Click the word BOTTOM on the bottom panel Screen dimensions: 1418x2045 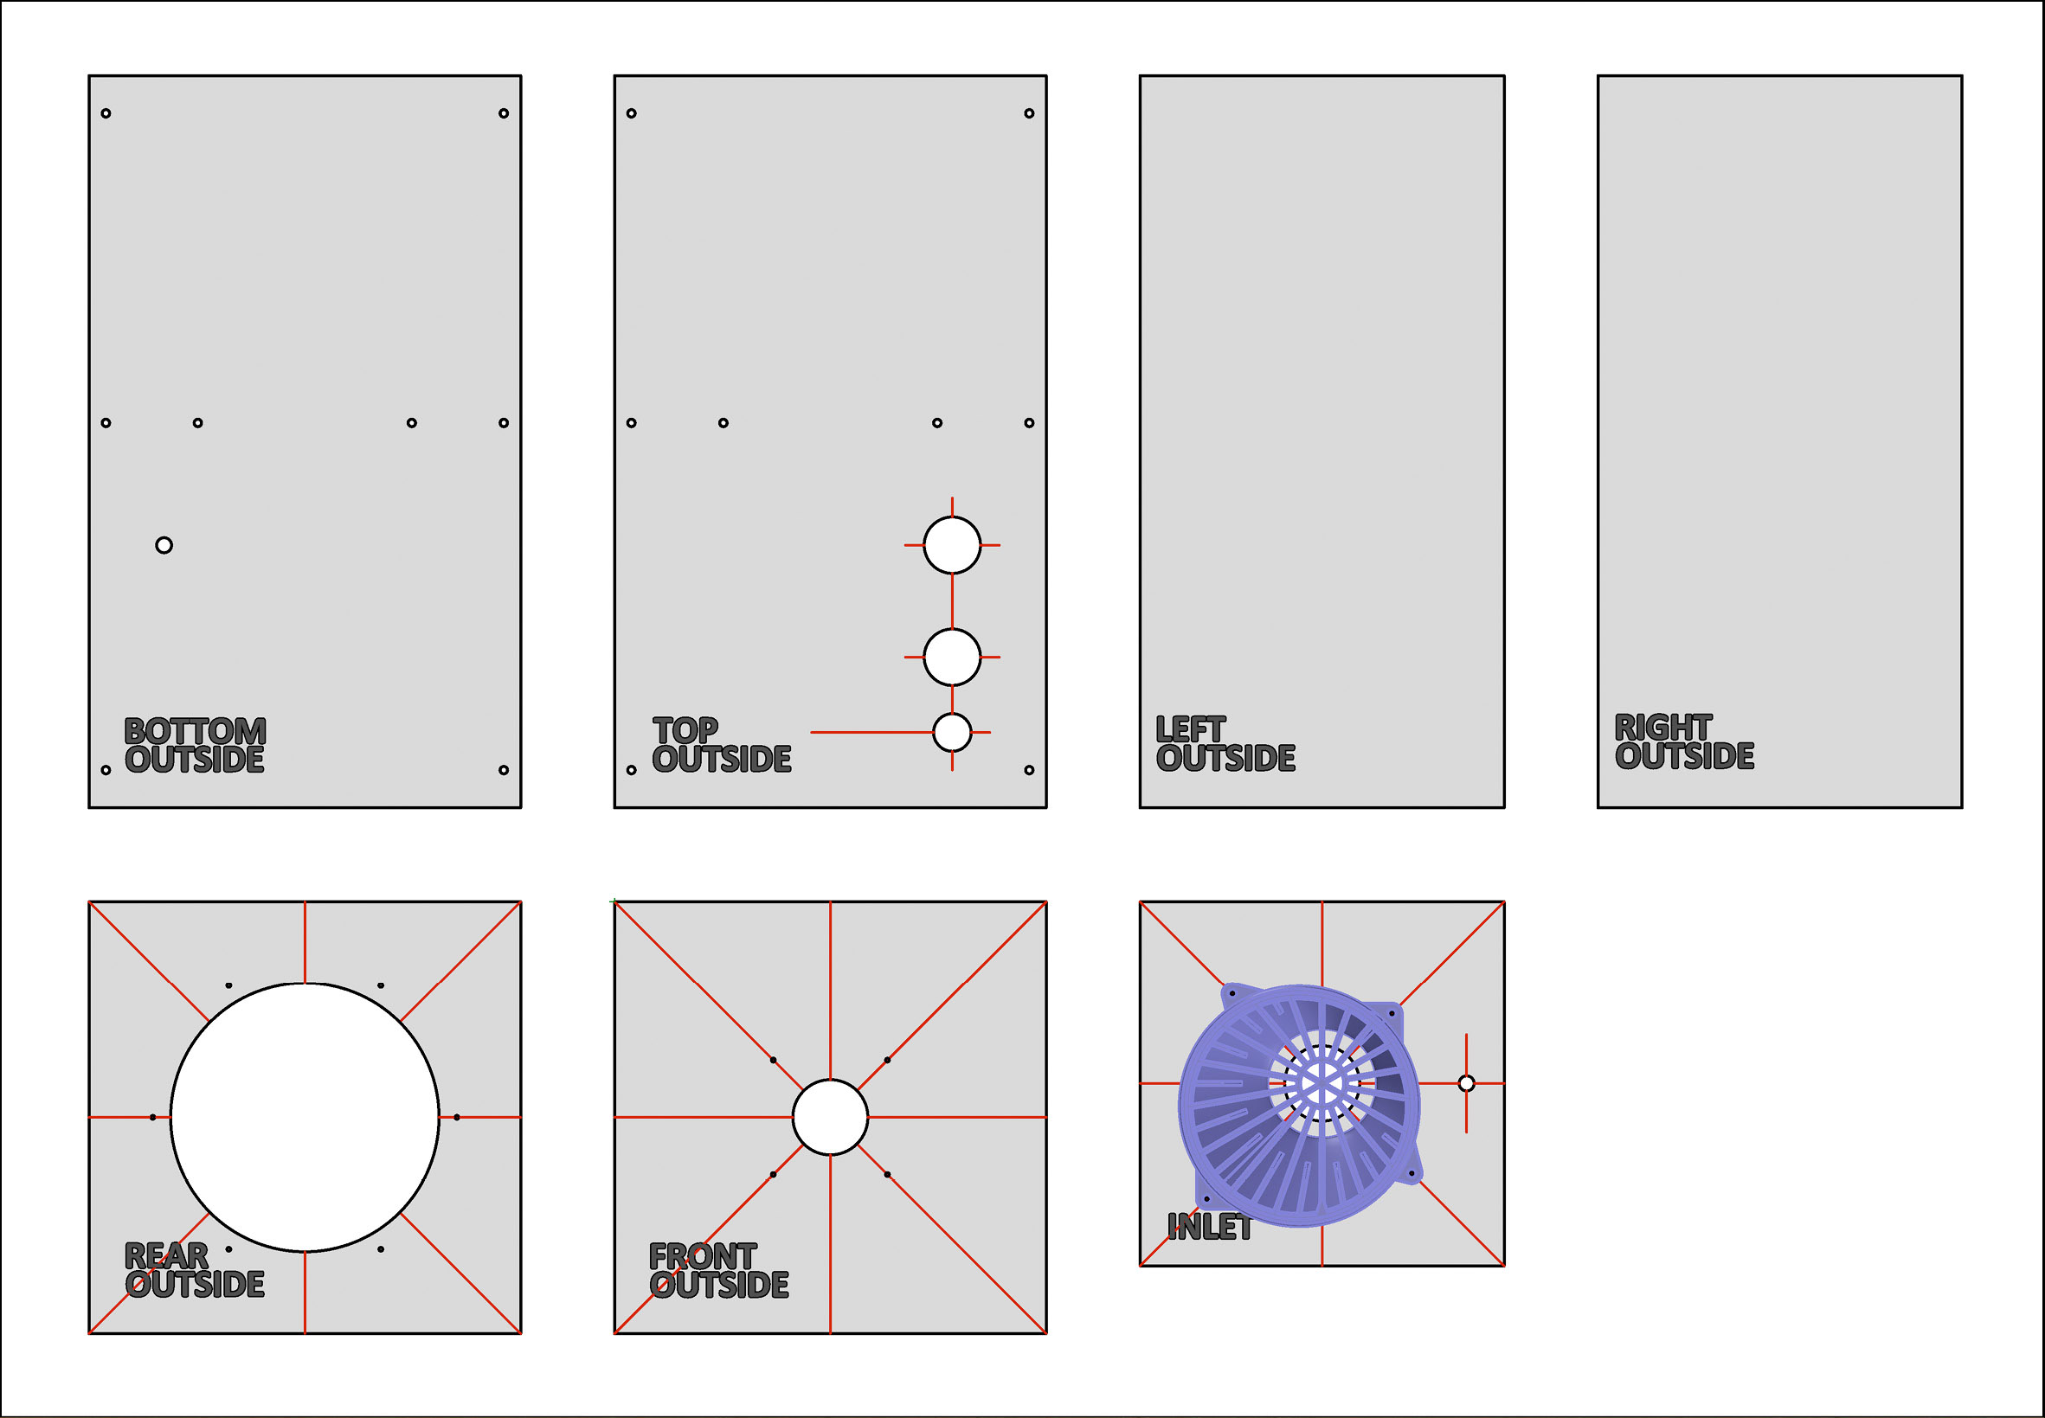(x=195, y=731)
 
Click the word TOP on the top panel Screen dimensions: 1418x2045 (x=685, y=730)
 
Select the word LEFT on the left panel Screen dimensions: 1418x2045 (x=1190, y=729)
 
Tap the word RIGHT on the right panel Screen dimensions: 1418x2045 (x=1662, y=728)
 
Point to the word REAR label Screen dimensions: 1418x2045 (x=166, y=1256)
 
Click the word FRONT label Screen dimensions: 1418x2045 (x=702, y=1256)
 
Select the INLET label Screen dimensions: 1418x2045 (x=1209, y=1228)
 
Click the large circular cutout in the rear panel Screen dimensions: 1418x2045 (x=305, y=1117)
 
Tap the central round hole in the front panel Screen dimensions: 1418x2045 (x=830, y=1117)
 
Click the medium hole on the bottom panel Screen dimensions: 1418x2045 (x=164, y=545)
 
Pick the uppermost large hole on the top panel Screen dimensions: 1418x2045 (x=952, y=545)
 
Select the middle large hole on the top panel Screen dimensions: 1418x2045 (x=952, y=657)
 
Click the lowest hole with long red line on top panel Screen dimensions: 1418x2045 (x=952, y=732)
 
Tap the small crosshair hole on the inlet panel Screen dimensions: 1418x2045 (x=1466, y=1083)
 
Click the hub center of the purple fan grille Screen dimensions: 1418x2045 (x=1322, y=1083)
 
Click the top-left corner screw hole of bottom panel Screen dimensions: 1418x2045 (x=106, y=112)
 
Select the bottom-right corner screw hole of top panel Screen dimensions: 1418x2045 (x=1029, y=769)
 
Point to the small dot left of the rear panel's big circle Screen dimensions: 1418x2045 (x=153, y=1117)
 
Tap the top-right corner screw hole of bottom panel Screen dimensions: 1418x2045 (x=503, y=112)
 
